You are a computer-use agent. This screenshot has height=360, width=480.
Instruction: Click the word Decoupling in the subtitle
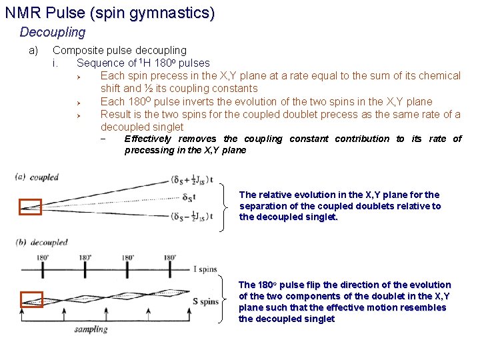(x=53, y=32)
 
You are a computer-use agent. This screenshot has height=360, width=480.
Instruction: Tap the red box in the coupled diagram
(x=30, y=207)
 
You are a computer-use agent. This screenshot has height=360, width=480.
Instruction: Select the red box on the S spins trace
(x=31, y=299)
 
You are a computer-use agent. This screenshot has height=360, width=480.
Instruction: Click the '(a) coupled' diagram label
(x=37, y=177)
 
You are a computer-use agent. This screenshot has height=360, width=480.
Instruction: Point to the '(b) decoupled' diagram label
(x=41, y=243)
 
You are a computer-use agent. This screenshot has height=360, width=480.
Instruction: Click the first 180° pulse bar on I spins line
(x=43, y=269)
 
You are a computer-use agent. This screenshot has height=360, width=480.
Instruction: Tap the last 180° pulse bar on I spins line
(x=169, y=269)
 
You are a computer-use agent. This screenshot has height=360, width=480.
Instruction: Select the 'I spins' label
(x=205, y=269)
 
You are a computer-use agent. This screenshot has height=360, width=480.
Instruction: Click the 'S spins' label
(x=205, y=301)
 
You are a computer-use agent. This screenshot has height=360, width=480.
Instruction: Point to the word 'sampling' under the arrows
(x=91, y=329)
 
